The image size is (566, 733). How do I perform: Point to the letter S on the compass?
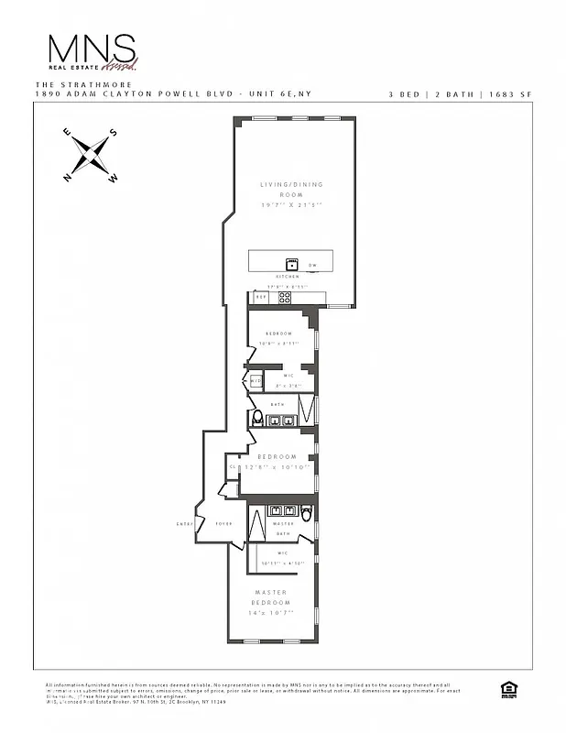114,133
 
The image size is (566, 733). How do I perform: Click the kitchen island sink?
293,262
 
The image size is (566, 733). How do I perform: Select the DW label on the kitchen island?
312,266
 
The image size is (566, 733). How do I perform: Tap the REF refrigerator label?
260,297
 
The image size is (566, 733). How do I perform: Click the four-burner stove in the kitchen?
285,297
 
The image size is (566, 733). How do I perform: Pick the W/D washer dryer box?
256,381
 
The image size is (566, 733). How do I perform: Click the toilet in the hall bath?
257,418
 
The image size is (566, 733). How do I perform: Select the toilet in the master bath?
306,512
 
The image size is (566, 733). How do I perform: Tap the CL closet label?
232,466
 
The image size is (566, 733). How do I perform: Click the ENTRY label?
183,524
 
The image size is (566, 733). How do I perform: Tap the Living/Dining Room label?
290,191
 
